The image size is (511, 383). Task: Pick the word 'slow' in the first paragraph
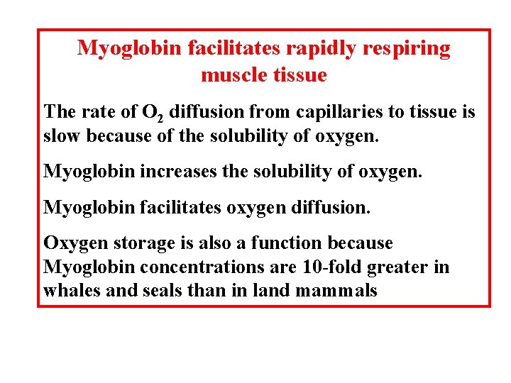pos(60,135)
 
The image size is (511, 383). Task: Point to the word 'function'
pos(287,243)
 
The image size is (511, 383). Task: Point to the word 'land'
pos(270,290)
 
